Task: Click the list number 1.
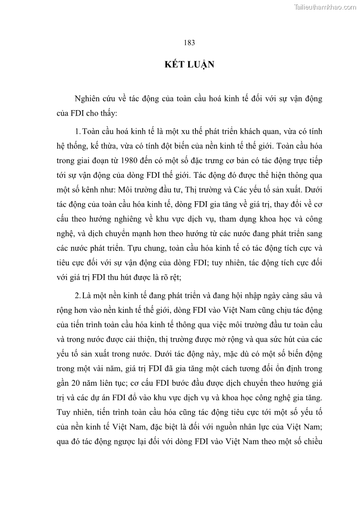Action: [x=78, y=131]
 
